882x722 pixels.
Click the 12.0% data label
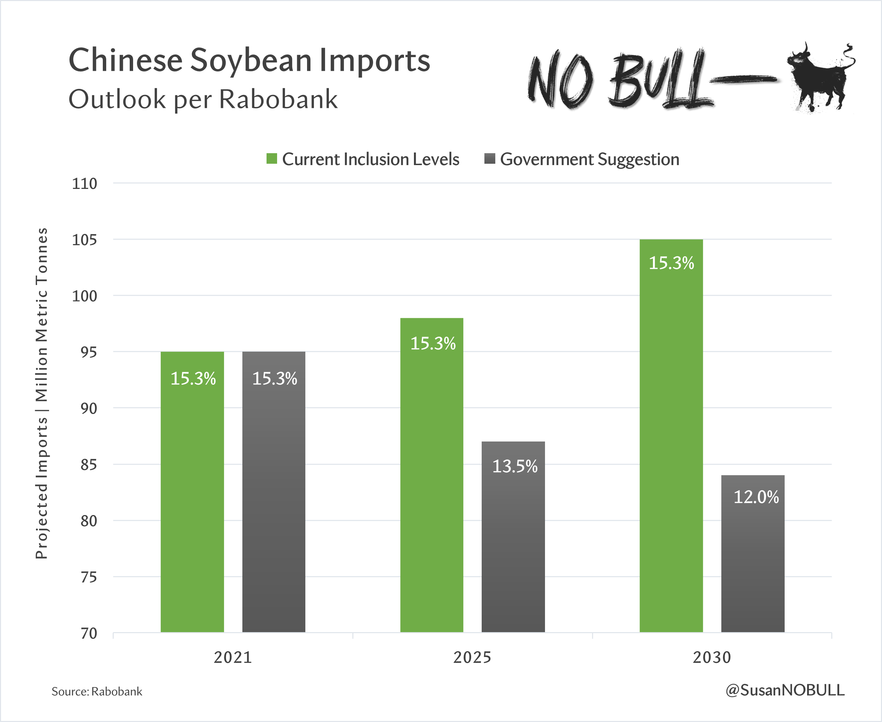point(756,497)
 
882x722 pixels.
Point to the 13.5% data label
point(514,466)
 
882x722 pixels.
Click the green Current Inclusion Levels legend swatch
point(272,158)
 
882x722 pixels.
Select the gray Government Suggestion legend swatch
point(490,158)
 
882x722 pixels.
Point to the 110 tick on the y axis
point(84,183)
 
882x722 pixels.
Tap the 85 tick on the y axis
point(89,465)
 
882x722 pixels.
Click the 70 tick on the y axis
point(89,633)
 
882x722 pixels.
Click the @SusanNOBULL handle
point(785,690)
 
